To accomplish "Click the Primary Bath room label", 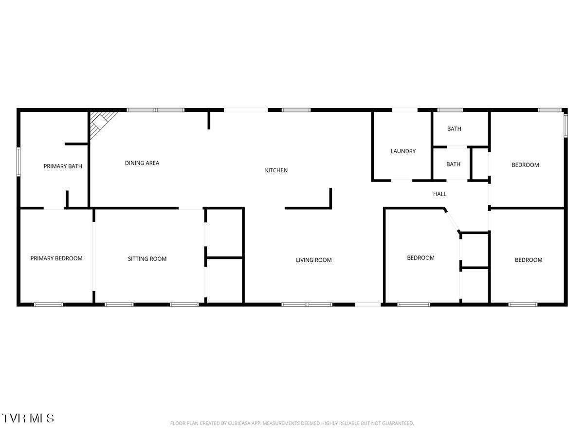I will click(x=63, y=166).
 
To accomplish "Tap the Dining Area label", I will click(x=142, y=163).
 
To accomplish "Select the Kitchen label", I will click(x=276, y=170).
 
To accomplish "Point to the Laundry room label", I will click(x=403, y=151).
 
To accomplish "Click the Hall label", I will click(x=439, y=194).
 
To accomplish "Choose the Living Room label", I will click(x=314, y=260).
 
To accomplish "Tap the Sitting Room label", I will click(x=147, y=259).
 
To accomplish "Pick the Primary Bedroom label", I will click(x=56, y=258).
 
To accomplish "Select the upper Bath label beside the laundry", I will click(x=454, y=129).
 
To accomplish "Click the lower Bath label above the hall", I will click(x=453, y=164).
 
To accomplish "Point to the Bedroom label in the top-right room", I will click(x=525, y=165).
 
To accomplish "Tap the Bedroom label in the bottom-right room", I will click(x=529, y=260).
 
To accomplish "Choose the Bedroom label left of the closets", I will click(x=420, y=258).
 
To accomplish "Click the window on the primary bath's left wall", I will click(x=18, y=161).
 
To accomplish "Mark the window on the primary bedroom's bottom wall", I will click(x=49, y=305).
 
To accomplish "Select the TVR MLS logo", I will click(x=28, y=418).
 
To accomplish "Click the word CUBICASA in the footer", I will click(x=240, y=423).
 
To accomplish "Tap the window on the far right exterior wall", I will click(x=566, y=124).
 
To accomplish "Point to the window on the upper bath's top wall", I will click(x=450, y=110).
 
